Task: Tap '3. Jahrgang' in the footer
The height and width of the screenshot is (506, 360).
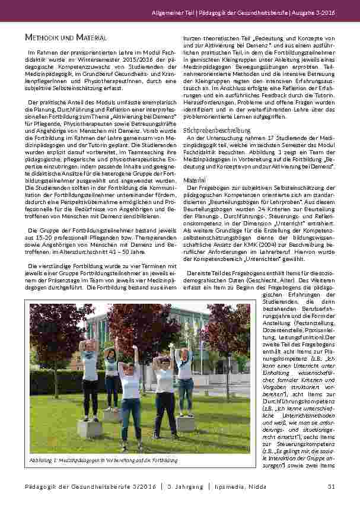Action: pos(233,487)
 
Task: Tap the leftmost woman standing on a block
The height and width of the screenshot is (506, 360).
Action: pos(90,380)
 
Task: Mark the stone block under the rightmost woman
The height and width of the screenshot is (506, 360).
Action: pos(186,424)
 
